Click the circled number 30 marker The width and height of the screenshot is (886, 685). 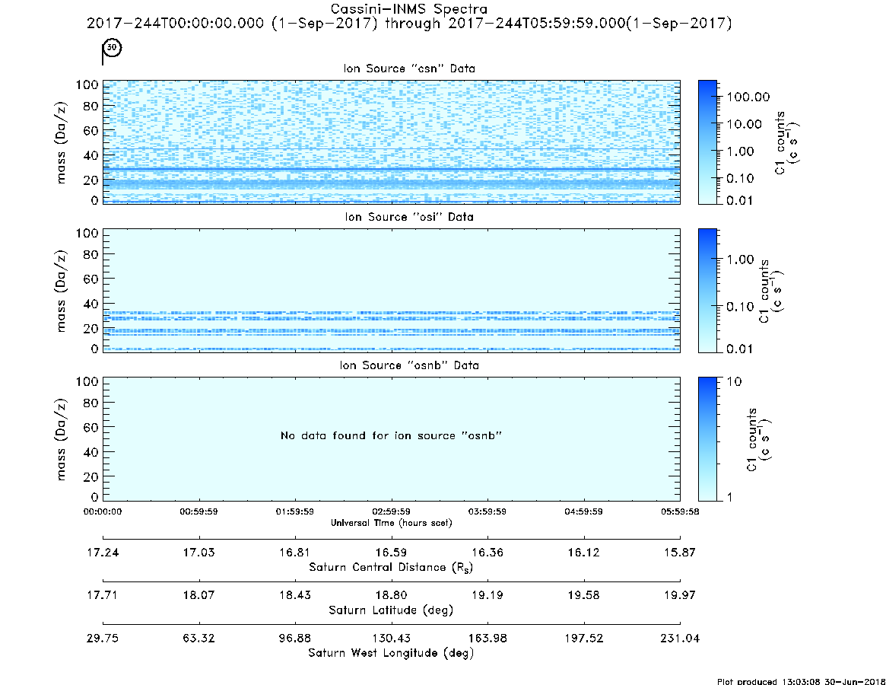pyautogui.click(x=113, y=47)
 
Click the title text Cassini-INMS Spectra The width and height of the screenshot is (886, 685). pyautogui.click(x=408, y=8)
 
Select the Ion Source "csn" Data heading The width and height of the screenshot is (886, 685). pyautogui.click(x=409, y=68)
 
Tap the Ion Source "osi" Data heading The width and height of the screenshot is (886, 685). pyautogui.click(x=409, y=217)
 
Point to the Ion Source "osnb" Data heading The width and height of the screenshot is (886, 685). pyautogui.click(x=409, y=365)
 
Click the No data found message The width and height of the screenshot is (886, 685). pyautogui.click(x=391, y=435)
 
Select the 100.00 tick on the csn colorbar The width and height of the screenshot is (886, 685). pyautogui.click(x=748, y=97)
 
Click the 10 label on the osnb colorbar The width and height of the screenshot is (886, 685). pyautogui.click(x=734, y=381)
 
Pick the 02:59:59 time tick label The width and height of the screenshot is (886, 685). pyautogui.click(x=391, y=511)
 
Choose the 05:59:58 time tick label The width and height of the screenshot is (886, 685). pyautogui.click(x=680, y=511)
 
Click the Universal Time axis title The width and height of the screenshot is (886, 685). pyautogui.click(x=391, y=523)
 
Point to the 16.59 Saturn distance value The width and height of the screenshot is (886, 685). pyautogui.click(x=391, y=553)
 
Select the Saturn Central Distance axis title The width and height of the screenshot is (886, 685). pyautogui.click(x=391, y=567)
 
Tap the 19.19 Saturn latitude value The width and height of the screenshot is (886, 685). pyautogui.click(x=487, y=595)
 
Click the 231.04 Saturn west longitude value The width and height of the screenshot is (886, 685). pyautogui.click(x=680, y=639)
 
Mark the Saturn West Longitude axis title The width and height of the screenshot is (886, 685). pyautogui.click(x=391, y=653)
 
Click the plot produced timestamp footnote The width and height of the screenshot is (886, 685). pyautogui.click(x=801, y=681)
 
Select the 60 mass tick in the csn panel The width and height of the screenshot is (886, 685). pyautogui.click(x=91, y=131)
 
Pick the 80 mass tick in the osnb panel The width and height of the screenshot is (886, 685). pyautogui.click(x=91, y=403)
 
